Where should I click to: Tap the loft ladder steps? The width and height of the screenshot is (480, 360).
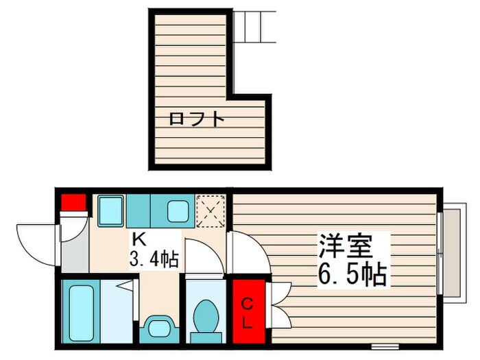pyautogui.click(x=254, y=27)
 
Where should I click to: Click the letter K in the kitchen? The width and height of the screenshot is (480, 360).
pyautogui.click(x=138, y=240)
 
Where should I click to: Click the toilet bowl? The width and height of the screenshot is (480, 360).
pyautogui.click(x=204, y=317)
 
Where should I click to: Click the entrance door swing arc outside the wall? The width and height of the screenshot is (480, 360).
pyautogui.click(x=34, y=239)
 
